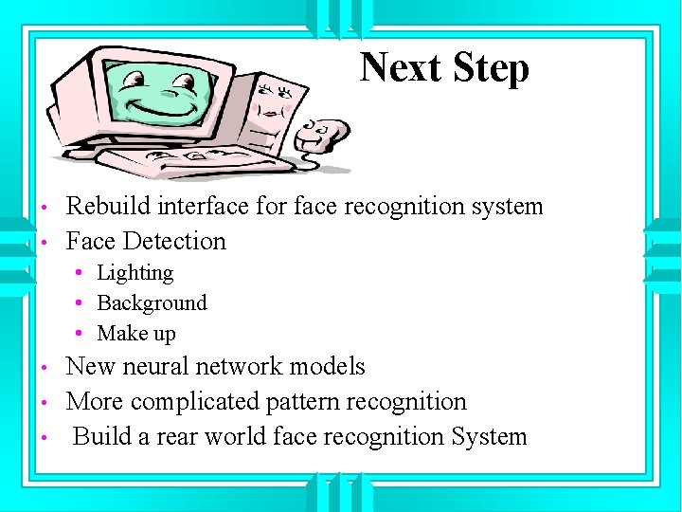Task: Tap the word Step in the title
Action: [x=490, y=68]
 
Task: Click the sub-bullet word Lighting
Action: [x=135, y=273]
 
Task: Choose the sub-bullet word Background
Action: [x=152, y=303]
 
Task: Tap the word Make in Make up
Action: [x=121, y=334]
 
